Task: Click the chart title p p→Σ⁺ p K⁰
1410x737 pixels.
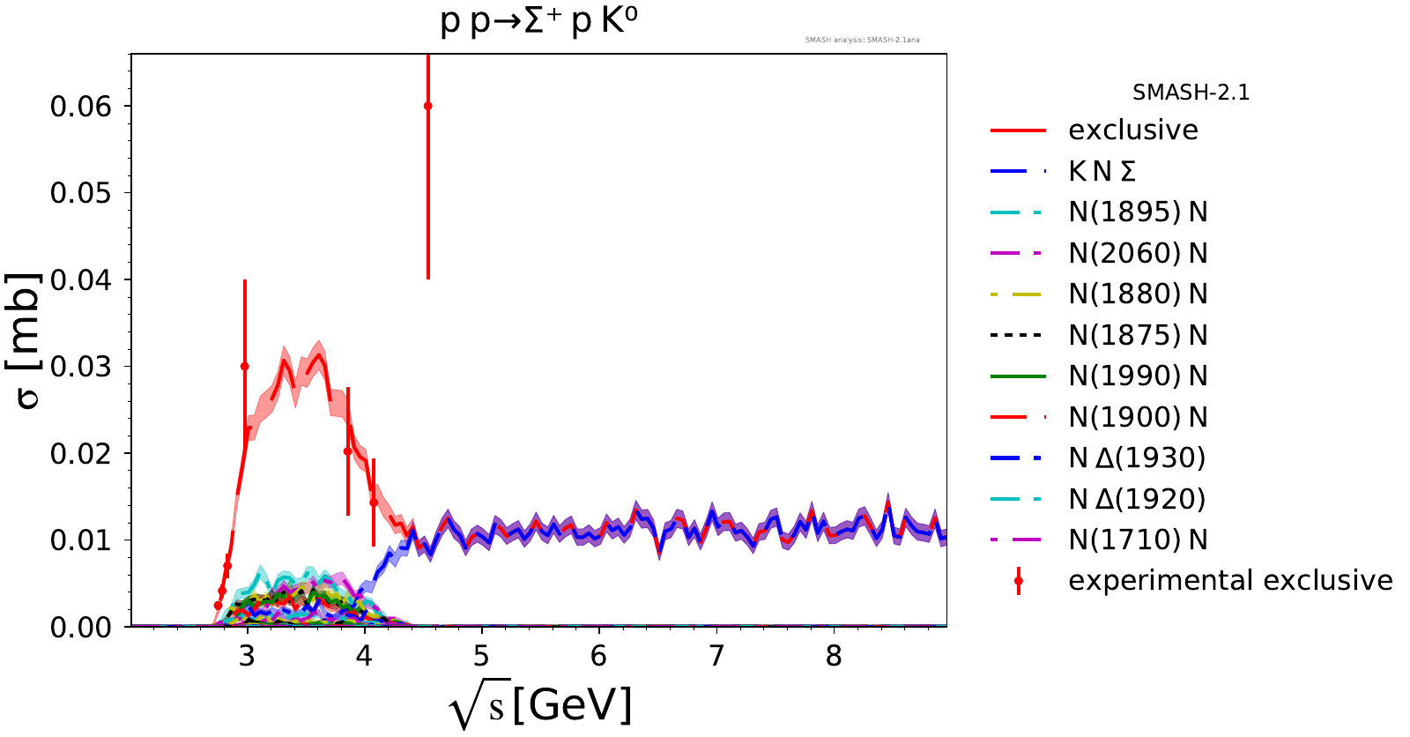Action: click(538, 21)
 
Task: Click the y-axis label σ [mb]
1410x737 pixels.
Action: click(28, 340)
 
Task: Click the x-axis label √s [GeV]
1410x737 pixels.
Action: click(540, 706)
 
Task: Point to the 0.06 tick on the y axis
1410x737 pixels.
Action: click(81, 107)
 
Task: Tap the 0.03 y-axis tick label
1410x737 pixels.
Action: click(81, 367)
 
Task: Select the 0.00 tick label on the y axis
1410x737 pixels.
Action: click(81, 627)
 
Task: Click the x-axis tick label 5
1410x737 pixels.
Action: click(481, 656)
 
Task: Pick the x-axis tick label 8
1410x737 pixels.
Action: click(834, 656)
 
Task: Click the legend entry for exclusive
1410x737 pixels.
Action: click(1132, 130)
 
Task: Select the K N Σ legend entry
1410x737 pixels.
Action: click(1102, 171)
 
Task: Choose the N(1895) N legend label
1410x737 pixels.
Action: click(1138, 212)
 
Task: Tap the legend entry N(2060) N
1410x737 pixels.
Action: click(1138, 253)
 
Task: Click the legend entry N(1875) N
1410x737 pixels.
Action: click(1138, 335)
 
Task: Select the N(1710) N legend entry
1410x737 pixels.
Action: click(1138, 540)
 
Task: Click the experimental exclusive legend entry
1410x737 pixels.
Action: click(1230, 580)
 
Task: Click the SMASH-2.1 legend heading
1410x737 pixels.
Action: click(1191, 93)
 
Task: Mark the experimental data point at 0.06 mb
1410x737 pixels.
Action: click(428, 106)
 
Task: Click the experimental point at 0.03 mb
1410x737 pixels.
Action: click(245, 366)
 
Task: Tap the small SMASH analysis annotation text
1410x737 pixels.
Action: click(862, 40)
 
